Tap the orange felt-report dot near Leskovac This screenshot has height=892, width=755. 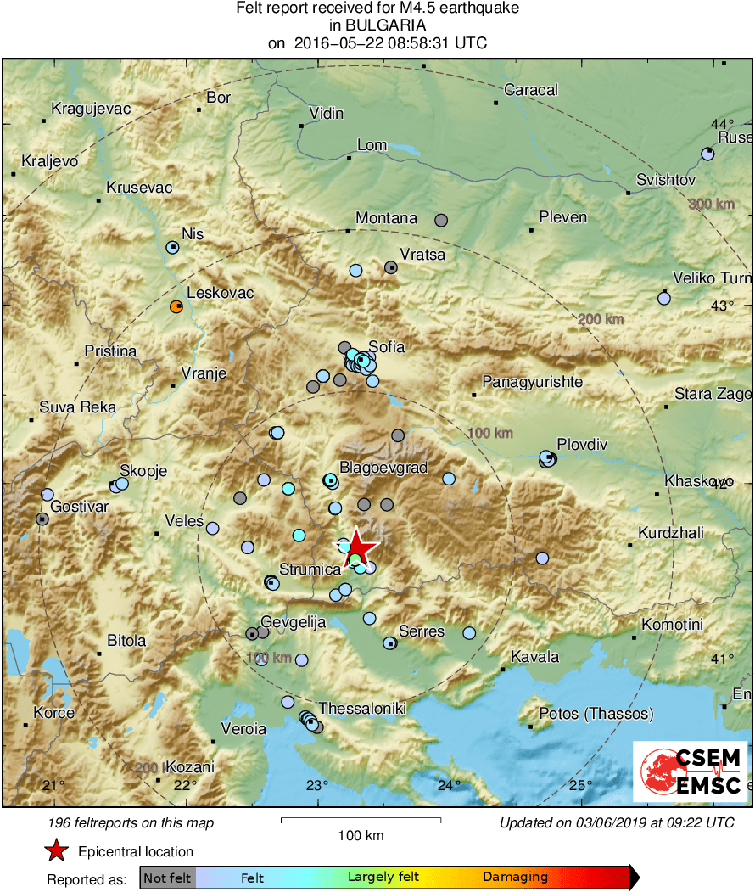[x=176, y=306]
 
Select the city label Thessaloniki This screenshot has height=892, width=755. [x=362, y=709]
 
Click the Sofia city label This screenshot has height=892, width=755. [x=387, y=347]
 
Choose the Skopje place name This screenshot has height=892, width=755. [x=143, y=471]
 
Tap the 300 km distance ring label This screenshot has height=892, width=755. [x=711, y=204]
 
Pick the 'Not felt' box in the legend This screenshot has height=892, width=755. [x=167, y=878]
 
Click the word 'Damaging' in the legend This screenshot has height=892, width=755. [x=515, y=878]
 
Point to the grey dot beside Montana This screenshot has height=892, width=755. [x=441, y=221]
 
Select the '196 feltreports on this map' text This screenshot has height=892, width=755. [x=131, y=822]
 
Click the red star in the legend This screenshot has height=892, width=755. [x=56, y=850]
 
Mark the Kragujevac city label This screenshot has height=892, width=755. [x=91, y=109]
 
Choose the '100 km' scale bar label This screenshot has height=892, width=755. [x=361, y=836]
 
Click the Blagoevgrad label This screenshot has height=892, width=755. [x=383, y=468]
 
